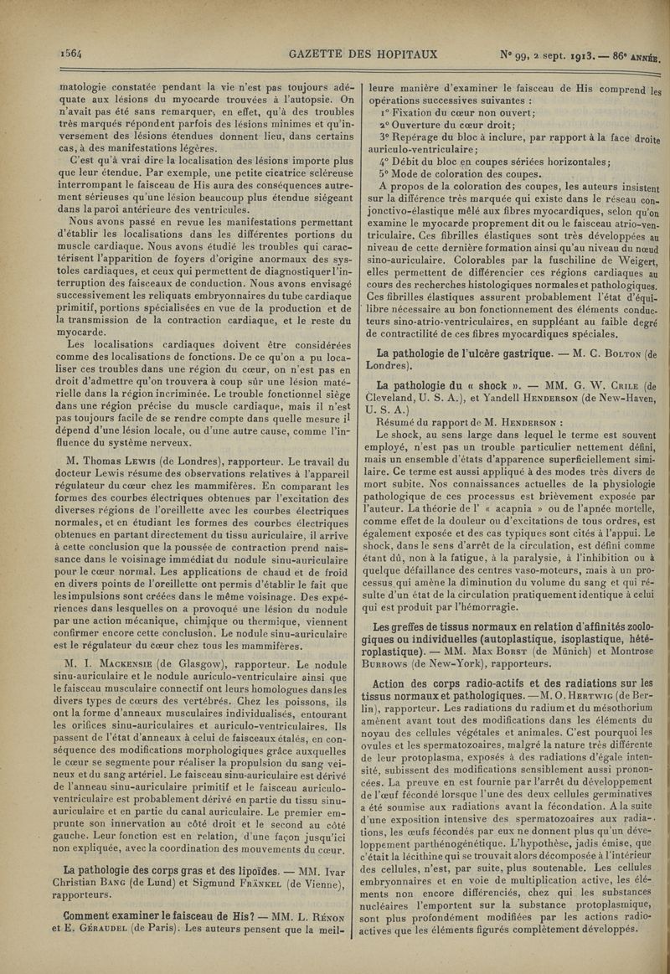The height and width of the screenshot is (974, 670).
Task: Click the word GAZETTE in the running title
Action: point(317,55)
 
